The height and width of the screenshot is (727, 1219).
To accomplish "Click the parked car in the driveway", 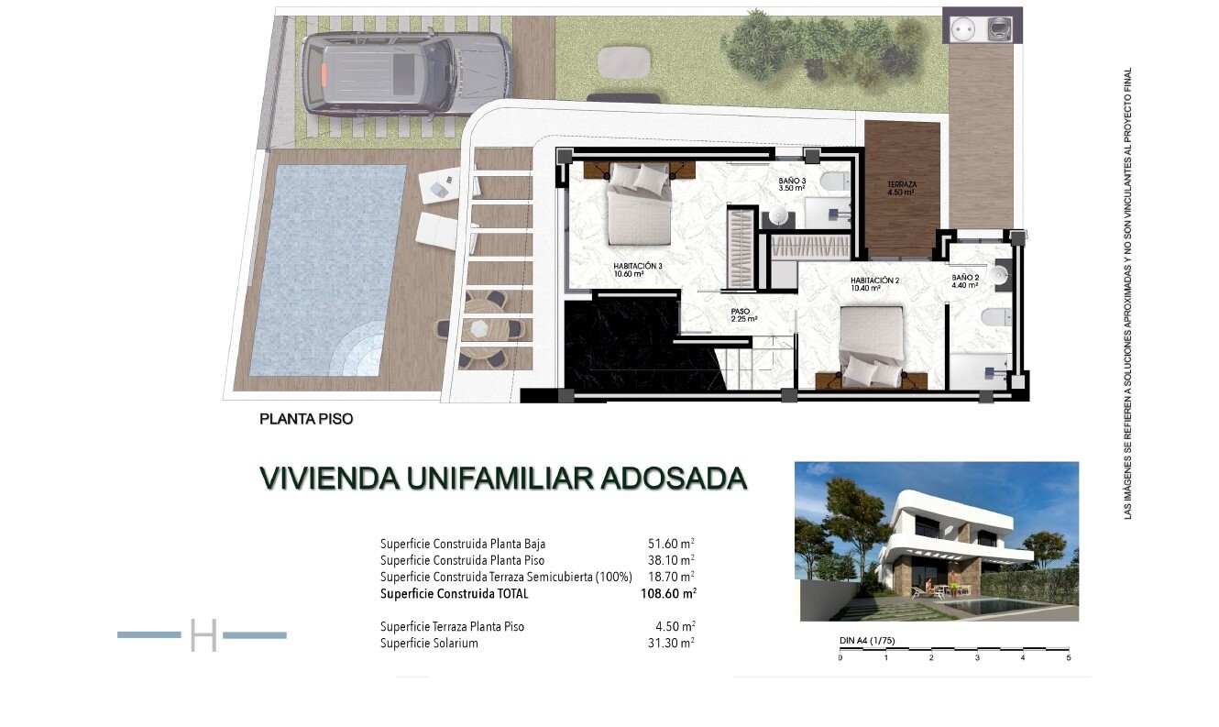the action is (408, 73).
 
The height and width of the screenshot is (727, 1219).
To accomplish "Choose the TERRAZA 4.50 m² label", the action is (902, 188).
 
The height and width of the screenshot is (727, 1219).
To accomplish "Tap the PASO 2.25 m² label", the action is (744, 315).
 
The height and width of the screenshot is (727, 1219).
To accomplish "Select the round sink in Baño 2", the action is (1000, 275).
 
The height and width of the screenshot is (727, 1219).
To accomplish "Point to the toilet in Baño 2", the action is (997, 316).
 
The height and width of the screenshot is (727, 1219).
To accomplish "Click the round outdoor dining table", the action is (480, 328).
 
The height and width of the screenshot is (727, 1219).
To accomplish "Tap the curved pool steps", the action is (357, 349).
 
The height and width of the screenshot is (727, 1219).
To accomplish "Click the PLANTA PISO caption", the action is (306, 419).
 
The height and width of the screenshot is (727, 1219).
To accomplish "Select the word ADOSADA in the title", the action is (674, 479).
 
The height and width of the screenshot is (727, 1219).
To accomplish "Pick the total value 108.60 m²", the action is (668, 593).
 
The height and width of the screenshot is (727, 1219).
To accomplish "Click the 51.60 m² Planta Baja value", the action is (671, 544).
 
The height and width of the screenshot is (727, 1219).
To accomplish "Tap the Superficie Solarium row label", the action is (429, 644).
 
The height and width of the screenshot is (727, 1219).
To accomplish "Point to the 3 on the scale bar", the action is (977, 658).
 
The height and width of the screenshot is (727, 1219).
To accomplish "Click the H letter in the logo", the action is (203, 635).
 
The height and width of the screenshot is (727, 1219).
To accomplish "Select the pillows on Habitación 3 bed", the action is (640, 177).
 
